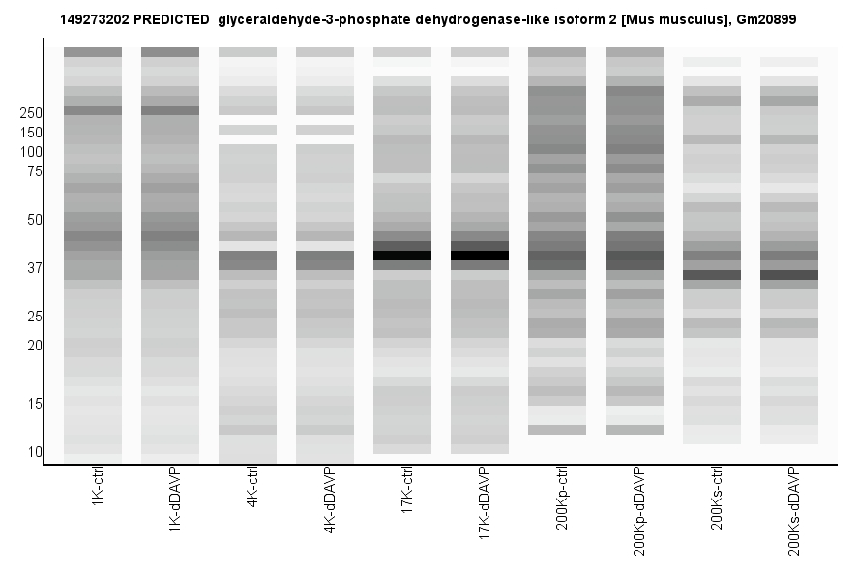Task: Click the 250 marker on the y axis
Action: tap(31, 113)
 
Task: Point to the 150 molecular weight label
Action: tap(31, 133)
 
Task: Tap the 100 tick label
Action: tap(31, 152)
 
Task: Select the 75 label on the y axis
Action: tap(35, 171)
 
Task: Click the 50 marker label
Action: tap(35, 220)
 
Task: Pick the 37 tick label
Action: tap(35, 268)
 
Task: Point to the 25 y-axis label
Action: tap(35, 317)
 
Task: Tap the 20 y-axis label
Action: tap(35, 346)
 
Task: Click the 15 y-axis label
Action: tap(35, 404)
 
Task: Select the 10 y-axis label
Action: tap(35, 452)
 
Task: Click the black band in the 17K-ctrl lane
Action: tap(402, 256)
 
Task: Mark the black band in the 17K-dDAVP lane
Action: tap(480, 256)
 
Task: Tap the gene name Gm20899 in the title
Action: tap(766, 19)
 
